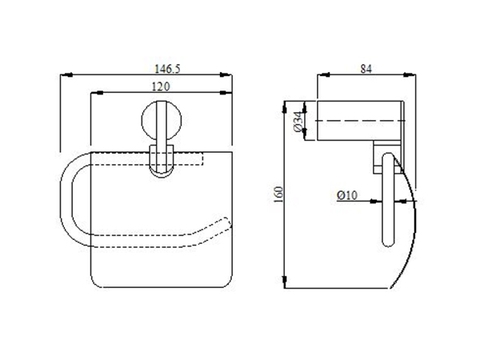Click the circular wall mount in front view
160,129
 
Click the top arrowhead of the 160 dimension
287,104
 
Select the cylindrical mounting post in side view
354,122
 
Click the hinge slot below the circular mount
160,160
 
